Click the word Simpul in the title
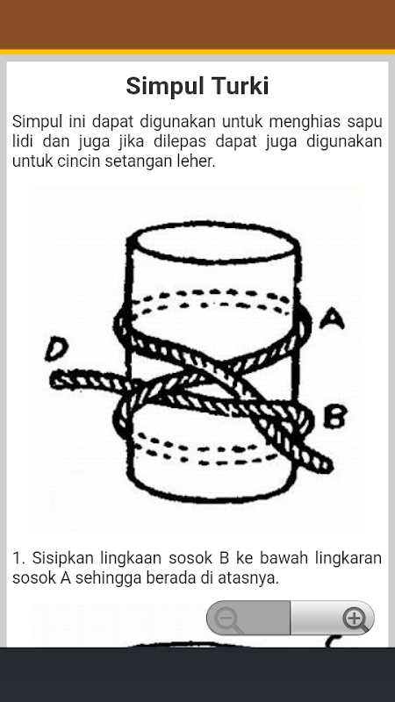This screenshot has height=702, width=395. [x=164, y=87]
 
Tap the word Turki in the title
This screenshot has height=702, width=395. [x=240, y=85]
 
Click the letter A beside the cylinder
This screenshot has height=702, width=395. [x=332, y=319]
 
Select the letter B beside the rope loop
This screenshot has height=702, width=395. [x=336, y=416]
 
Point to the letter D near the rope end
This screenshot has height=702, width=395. [x=56, y=348]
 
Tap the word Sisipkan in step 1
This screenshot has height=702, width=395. [x=60, y=559]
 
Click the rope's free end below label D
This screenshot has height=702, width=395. [x=55, y=381]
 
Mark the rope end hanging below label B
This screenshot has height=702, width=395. [x=326, y=466]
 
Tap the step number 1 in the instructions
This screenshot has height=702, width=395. [x=18, y=559]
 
